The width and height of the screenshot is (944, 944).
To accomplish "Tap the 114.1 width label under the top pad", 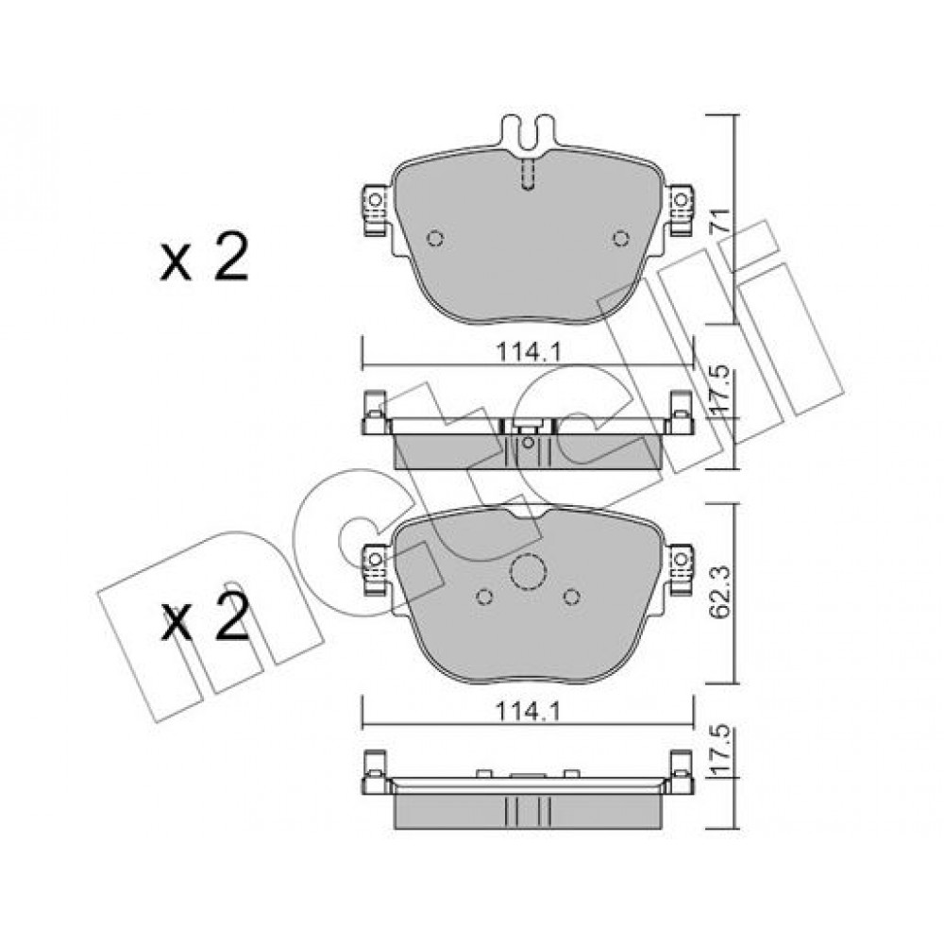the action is pos(528,351).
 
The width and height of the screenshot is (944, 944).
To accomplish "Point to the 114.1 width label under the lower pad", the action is pos(528,712).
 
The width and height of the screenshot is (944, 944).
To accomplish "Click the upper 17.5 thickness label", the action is pos(720,390).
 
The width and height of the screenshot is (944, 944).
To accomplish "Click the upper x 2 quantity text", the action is pos(204,257).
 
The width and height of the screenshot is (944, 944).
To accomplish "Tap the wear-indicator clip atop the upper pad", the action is pos(528,132).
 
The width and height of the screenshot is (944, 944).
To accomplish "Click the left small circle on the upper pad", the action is pos(434,239).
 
